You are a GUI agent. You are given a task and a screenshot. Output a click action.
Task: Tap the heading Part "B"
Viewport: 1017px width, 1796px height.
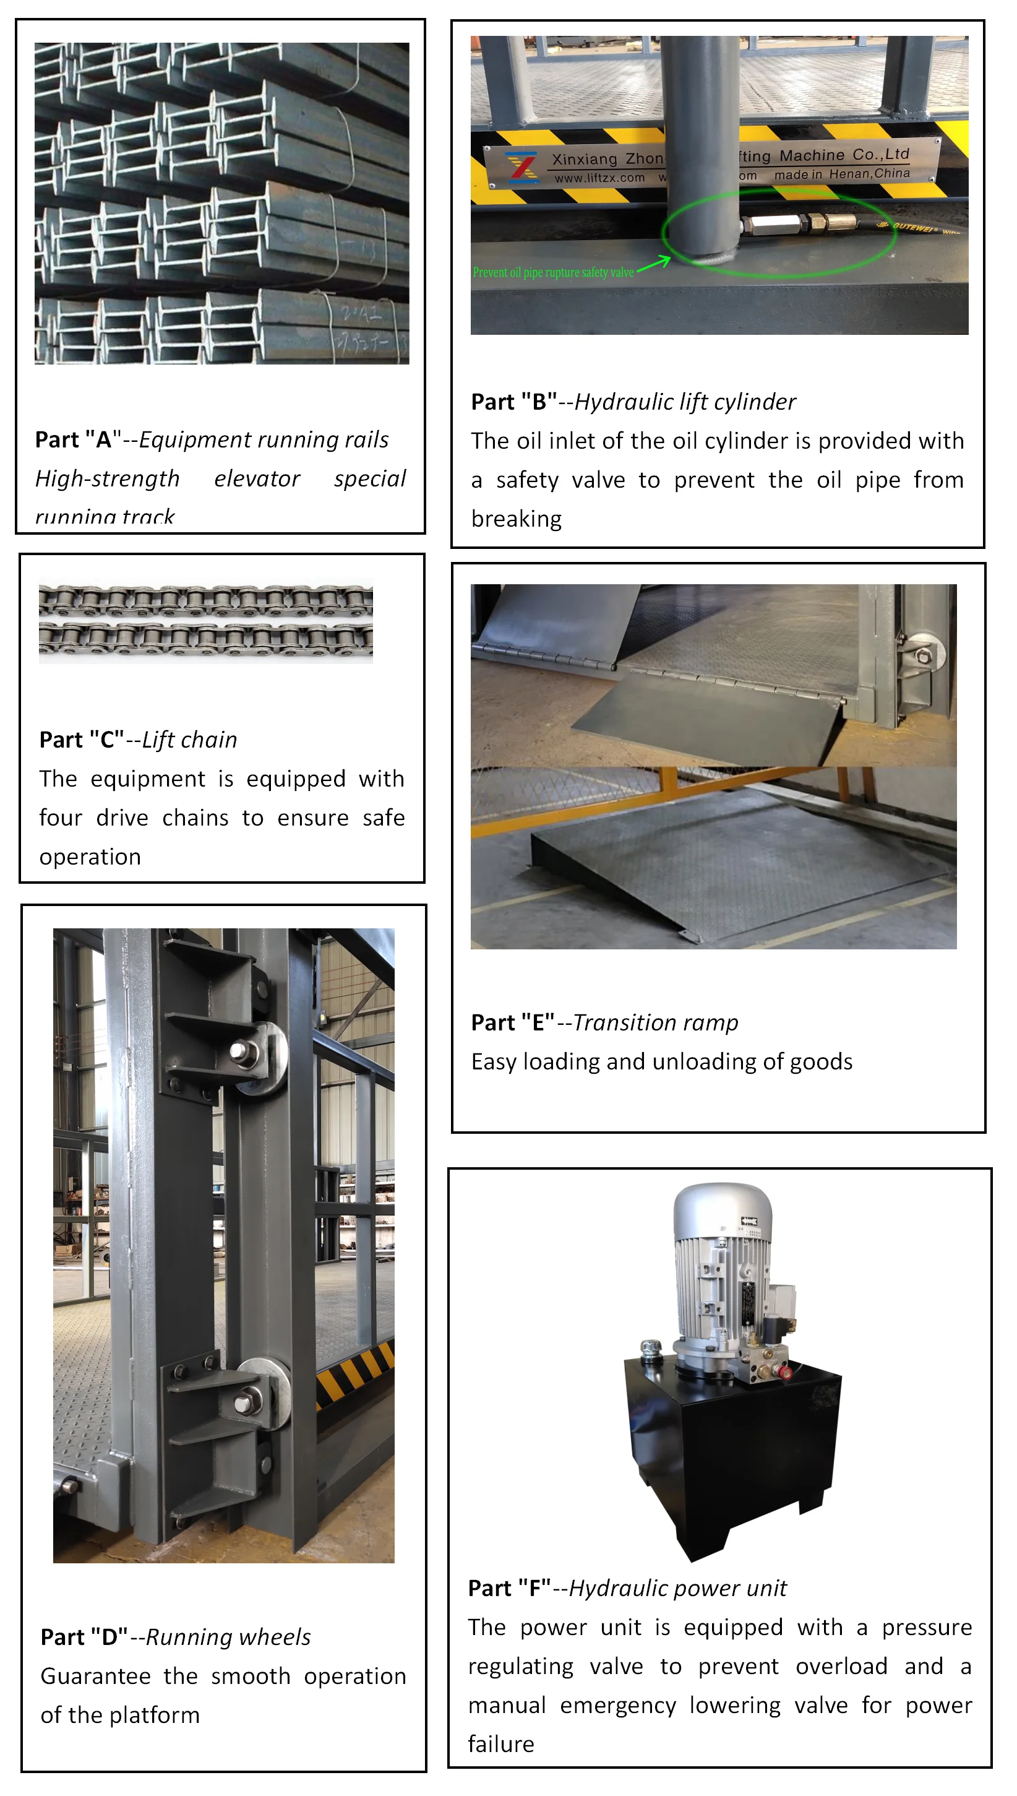pyautogui.click(x=513, y=402)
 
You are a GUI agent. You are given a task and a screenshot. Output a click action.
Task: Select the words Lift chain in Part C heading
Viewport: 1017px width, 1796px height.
pyautogui.click(x=189, y=740)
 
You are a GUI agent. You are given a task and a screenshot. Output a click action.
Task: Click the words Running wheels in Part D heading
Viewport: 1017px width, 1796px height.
pyautogui.click(x=228, y=1637)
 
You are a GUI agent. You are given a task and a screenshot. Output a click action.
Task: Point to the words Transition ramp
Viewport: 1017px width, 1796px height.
pyautogui.click(x=655, y=1022)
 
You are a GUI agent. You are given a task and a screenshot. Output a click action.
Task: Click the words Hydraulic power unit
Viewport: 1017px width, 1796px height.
pyautogui.click(x=677, y=1588)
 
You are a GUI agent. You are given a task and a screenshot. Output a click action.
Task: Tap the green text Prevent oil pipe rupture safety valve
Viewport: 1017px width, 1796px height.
pyautogui.click(x=552, y=272)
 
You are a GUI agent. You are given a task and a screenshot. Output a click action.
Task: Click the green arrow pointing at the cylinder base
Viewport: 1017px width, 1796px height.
pyautogui.click(x=654, y=264)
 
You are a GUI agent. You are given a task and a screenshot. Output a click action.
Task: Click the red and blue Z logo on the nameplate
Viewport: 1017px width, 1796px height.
pyautogui.click(x=521, y=167)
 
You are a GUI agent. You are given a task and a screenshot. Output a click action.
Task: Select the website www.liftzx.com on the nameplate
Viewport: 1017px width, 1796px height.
pyautogui.click(x=599, y=178)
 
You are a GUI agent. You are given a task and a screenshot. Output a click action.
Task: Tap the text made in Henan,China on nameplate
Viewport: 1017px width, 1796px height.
pyautogui.click(x=842, y=174)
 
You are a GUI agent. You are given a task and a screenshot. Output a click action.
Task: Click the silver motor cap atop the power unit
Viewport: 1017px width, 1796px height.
pyautogui.click(x=721, y=1209)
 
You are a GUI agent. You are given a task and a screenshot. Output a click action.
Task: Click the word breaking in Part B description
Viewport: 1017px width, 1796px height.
pyautogui.click(x=516, y=519)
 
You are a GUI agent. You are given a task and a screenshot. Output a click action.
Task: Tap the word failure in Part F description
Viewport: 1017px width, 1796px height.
pyautogui.click(x=501, y=1744)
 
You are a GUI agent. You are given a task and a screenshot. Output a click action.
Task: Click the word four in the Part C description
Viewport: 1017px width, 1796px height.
pyautogui.click(x=60, y=818)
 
